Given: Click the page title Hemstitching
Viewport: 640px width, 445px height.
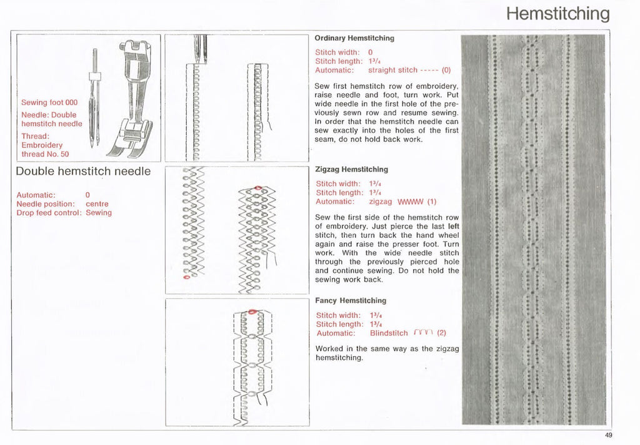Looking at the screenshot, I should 557,14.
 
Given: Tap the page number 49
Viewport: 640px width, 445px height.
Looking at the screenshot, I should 609,436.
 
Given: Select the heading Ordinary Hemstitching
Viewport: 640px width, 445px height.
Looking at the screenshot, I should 354,38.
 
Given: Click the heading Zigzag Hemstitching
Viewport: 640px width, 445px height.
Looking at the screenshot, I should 351,170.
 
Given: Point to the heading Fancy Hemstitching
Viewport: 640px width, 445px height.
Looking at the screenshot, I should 351,300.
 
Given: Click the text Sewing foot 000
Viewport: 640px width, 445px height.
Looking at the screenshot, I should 49,103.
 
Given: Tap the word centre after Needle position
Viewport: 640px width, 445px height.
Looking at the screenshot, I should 97,204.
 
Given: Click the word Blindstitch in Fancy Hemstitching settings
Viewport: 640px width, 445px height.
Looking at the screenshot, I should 388,333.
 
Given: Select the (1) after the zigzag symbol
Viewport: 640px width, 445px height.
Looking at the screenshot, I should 432,202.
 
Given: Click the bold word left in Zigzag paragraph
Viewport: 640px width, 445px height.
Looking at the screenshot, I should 454,226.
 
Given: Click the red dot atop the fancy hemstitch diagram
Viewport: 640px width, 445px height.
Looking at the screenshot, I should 251,311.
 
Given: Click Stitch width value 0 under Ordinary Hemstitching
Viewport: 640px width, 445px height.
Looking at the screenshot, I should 371,52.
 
